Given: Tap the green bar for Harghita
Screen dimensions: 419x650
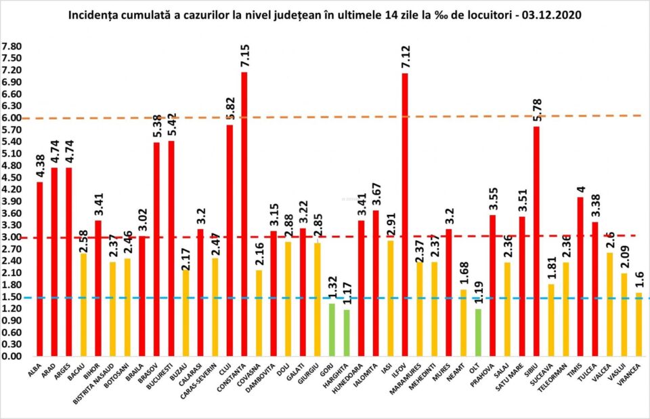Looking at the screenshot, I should tap(347, 333).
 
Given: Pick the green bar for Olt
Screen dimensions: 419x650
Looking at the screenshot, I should tap(478, 332).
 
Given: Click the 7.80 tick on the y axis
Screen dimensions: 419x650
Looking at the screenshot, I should tap(12, 47).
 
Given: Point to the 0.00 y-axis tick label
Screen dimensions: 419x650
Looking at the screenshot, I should tap(12, 356).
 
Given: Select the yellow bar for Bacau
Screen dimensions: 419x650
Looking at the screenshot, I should tap(84, 304).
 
